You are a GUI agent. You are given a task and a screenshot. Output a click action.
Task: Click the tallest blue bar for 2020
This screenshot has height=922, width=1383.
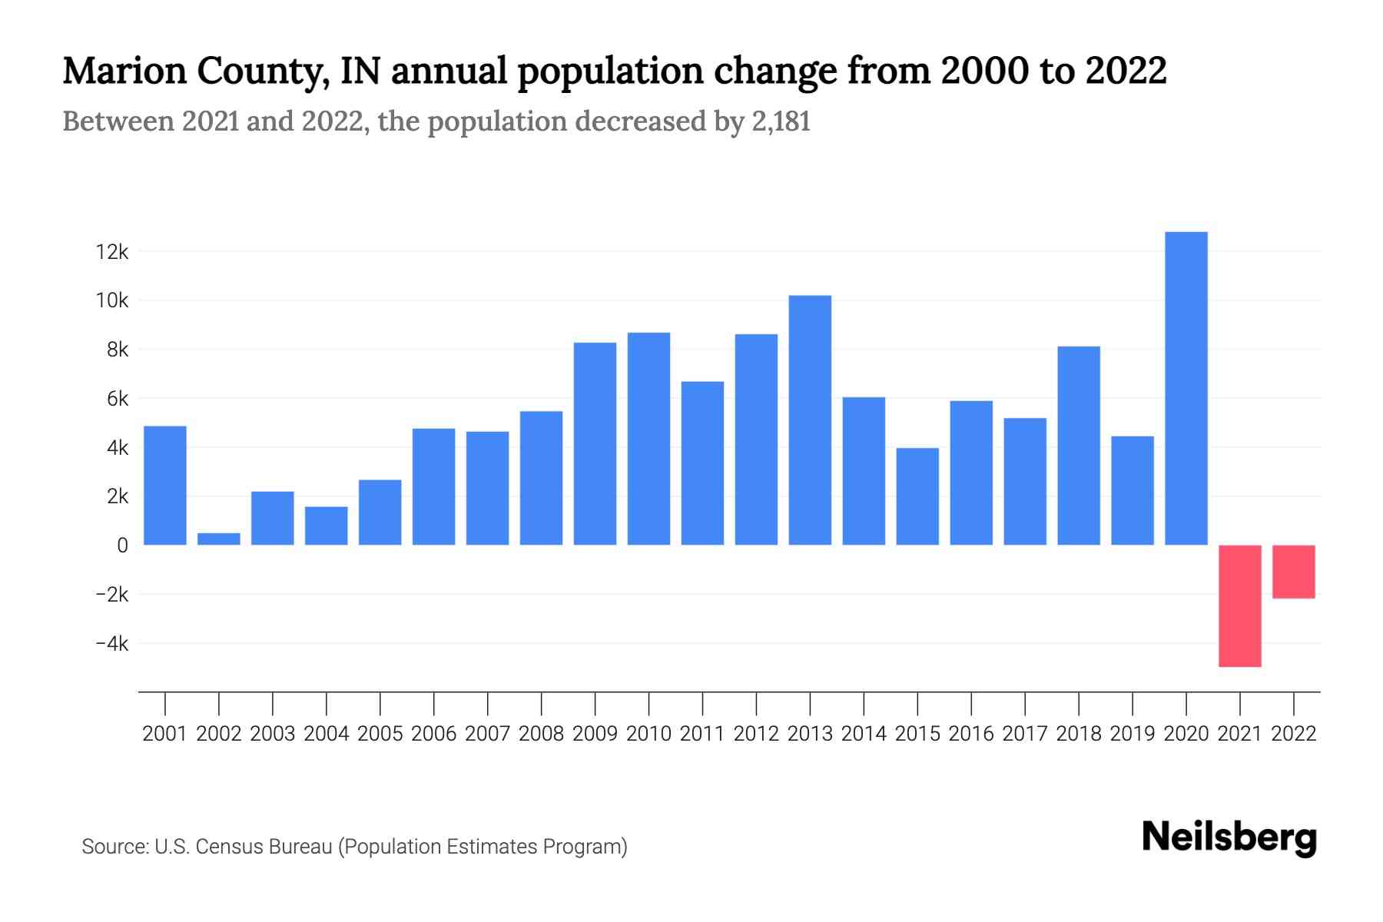point(1186,388)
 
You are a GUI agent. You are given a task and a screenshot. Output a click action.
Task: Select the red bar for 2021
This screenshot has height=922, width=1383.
point(1239,605)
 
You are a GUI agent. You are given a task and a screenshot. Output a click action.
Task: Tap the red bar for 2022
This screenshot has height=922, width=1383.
point(1293,572)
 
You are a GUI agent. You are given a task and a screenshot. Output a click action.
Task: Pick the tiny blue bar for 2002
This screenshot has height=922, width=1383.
point(219,539)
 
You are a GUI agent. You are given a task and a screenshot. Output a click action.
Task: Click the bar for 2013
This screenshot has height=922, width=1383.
point(810,420)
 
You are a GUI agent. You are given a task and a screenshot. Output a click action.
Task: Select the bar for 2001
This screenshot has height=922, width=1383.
point(165,486)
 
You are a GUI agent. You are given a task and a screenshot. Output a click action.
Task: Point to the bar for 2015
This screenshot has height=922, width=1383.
point(917,496)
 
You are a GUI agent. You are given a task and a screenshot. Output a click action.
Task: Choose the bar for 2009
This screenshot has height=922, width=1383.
point(595,443)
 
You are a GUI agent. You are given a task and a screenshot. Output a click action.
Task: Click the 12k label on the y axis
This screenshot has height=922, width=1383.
point(111,252)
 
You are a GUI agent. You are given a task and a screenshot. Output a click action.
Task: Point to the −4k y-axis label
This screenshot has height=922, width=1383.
point(111,644)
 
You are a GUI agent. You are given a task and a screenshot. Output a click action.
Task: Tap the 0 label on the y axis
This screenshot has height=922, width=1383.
point(122,546)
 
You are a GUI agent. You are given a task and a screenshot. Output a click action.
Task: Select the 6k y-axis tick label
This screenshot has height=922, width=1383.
point(117,399)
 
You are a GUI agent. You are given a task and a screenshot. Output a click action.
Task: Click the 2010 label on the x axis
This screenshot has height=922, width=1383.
point(648,734)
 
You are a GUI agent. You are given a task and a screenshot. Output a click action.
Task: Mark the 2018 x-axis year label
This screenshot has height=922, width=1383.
point(1078,734)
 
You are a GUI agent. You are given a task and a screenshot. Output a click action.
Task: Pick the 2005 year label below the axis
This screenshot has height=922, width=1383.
point(380,734)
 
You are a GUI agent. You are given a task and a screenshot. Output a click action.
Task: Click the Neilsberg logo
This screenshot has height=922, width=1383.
point(1229,837)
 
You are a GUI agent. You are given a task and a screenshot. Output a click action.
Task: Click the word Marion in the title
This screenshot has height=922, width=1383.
point(124,71)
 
